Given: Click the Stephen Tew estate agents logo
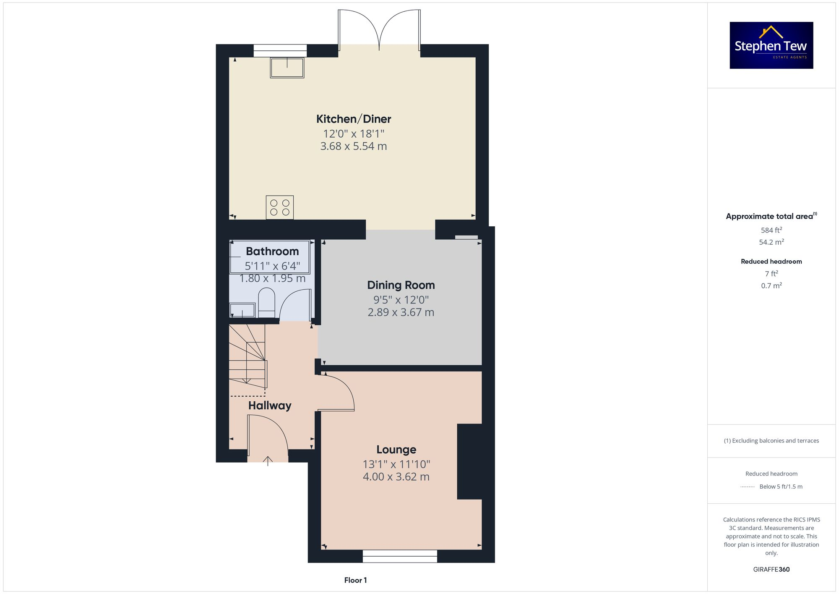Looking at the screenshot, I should click(771, 45).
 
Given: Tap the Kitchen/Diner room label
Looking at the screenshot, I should click(354, 119).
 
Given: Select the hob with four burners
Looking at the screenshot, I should click(280, 207).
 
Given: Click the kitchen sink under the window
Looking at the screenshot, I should click(287, 68).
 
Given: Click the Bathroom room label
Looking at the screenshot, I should click(272, 251).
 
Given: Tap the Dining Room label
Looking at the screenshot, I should click(401, 285).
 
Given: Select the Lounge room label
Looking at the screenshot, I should click(396, 450).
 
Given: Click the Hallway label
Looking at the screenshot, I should click(270, 406).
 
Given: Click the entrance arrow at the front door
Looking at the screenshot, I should click(268, 461).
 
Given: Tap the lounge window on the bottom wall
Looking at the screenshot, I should click(400, 556).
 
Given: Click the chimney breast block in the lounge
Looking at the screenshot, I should click(469, 461).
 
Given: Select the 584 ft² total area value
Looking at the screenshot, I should click(771, 230).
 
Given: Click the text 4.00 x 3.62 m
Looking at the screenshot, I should click(396, 477).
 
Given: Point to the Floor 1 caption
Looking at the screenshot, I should click(355, 580).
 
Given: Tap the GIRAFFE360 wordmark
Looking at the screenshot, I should click(771, 570).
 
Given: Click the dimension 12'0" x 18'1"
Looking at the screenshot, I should click(354, 134).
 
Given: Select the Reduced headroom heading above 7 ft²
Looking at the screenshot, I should click(771, 262).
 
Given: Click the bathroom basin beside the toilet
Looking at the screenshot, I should click(242, 310).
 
